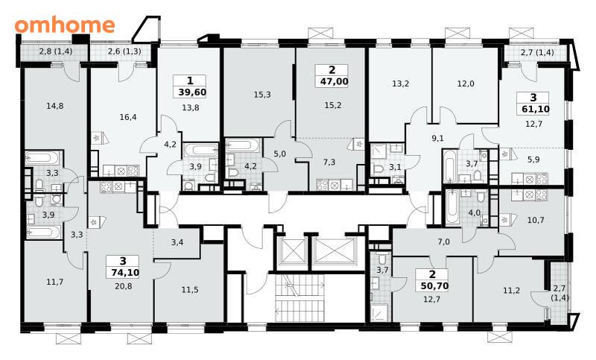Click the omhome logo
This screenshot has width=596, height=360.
(65, 25)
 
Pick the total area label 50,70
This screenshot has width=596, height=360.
(435, 286)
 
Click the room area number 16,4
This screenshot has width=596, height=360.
(128, 117)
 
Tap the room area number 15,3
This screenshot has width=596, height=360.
(262, 95)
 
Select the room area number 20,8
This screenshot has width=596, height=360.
(124, 286)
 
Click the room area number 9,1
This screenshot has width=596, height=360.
(438, 139)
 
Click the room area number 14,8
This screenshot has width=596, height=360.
(55, 106)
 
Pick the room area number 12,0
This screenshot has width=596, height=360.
(466, 83)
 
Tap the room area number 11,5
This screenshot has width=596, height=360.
(190, 290)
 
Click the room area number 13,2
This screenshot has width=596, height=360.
(401, 83)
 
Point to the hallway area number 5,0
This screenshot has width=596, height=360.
(280, 154)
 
